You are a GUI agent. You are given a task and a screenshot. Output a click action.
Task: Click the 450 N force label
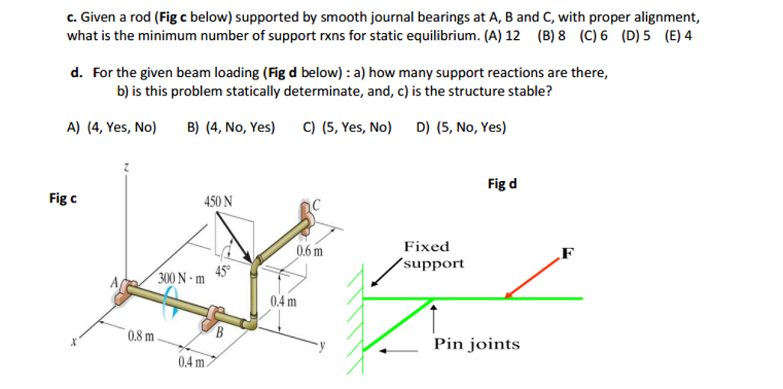point(219,202)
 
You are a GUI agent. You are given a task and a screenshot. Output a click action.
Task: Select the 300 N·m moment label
point(182,277)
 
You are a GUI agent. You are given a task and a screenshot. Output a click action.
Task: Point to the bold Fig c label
point(62,199)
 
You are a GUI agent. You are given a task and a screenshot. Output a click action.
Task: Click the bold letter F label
point(567,253)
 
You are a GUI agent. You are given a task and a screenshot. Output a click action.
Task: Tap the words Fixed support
point(433,255)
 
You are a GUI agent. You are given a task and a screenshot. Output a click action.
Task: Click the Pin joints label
point(476,344)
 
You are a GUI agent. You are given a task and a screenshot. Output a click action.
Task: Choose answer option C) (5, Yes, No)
point(347,128)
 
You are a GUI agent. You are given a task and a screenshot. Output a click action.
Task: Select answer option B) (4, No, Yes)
point(230,128)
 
